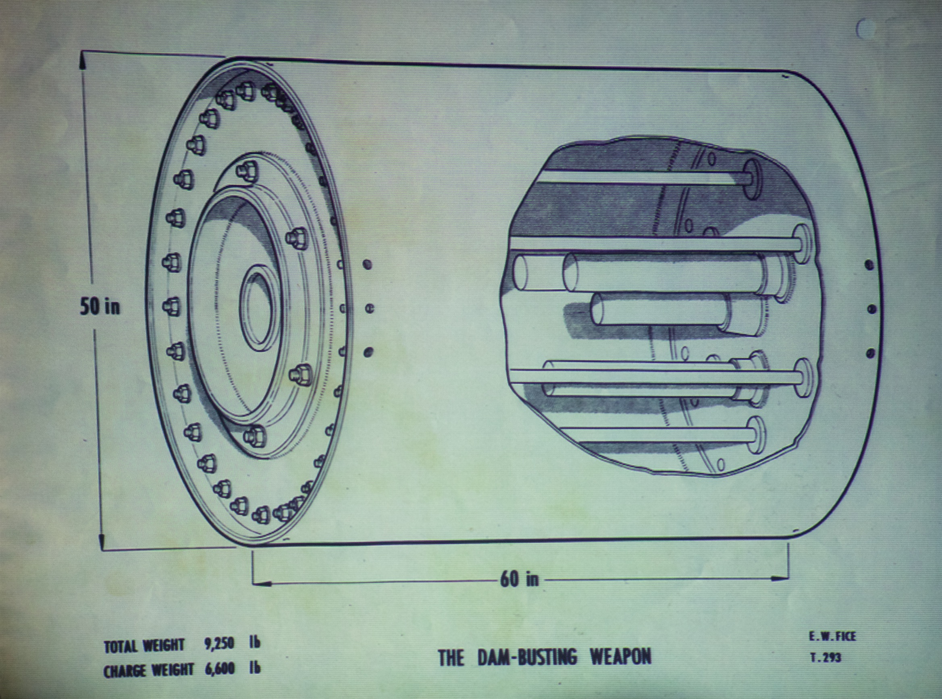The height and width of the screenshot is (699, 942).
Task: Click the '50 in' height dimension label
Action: pos(100,307)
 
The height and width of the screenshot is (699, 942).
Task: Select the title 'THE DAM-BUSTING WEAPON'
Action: pos(545,657)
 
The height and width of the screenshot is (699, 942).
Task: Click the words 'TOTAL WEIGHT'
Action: pos(144,646)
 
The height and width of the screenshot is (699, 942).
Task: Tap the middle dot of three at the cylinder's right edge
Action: pos(871,309)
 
